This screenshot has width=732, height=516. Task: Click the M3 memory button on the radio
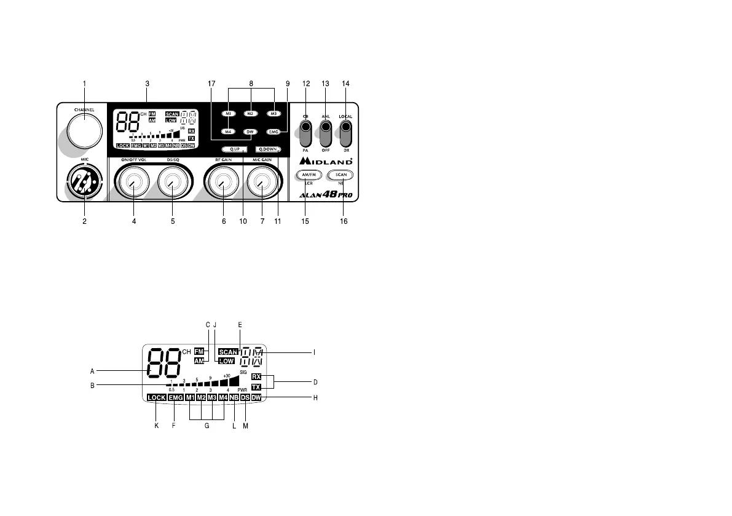pos(274,114)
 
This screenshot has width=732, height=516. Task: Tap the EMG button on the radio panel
pos(274,132)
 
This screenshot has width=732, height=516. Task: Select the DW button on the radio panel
pos(250,132)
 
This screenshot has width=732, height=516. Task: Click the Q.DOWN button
pos(269,149)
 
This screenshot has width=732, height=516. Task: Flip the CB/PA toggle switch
pos(305,130)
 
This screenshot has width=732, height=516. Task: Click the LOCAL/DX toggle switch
pos(347,130)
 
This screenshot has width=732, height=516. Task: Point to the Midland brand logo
pos(326,161)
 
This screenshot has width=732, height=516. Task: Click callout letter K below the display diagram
pos(156,426)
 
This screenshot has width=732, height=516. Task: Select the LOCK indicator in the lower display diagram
pos(156,398)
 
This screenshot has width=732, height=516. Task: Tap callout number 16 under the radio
pos(344,221)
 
